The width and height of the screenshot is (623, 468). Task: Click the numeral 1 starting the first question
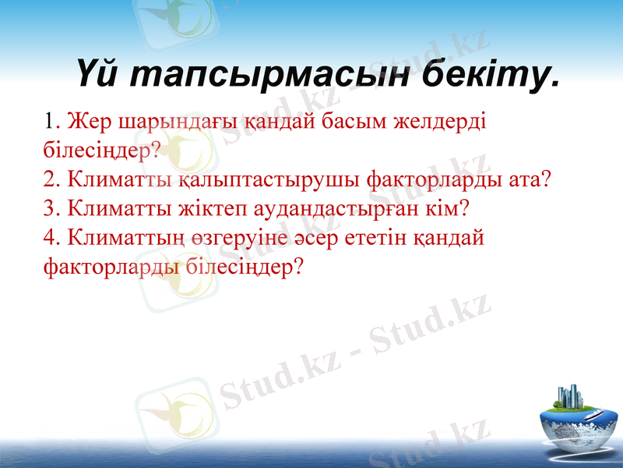click(x=51, y=122)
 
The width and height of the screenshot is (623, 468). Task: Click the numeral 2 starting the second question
click(x=51, y=180)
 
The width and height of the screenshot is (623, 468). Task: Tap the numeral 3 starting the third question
click(x=51, y=209)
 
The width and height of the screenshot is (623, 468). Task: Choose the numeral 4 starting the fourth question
click(x=51, y=238)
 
